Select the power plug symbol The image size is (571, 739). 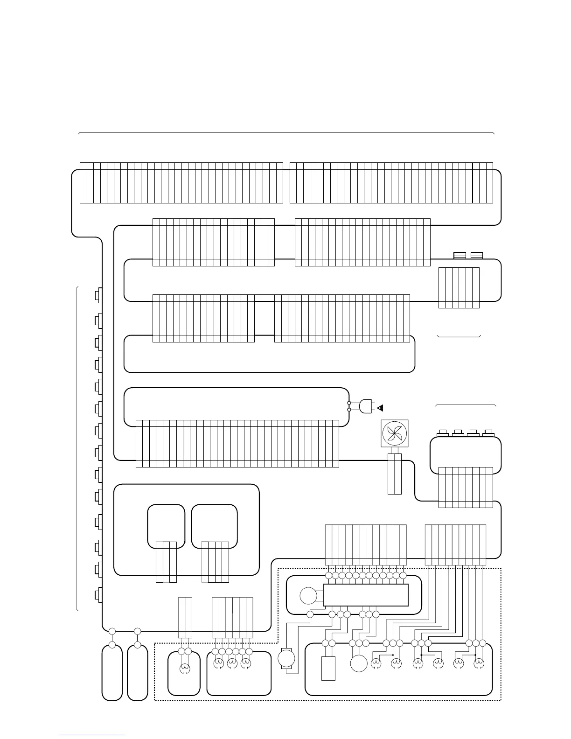click(366, 406)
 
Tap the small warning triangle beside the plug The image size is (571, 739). click(380, 408)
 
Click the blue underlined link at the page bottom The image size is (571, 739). click(92, 735)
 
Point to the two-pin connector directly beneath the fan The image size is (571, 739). click(395, 474)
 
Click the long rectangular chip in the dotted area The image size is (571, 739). click(366, 595)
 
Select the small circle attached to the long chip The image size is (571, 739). click(307, 595)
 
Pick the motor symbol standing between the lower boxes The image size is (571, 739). click(286, 658)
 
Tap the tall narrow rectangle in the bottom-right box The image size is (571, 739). click(328, 669)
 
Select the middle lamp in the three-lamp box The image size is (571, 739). click(232, 663)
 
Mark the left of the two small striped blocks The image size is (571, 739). click(460, 255)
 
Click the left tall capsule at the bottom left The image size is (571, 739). click(112, 672)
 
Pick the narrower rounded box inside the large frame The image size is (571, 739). click(166, 526)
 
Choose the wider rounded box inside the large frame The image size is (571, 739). click(215, 526)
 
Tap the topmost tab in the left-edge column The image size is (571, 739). click(98, 295)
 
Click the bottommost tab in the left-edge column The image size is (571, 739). click(98, 595)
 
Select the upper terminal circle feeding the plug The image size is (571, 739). click(349, 402)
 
